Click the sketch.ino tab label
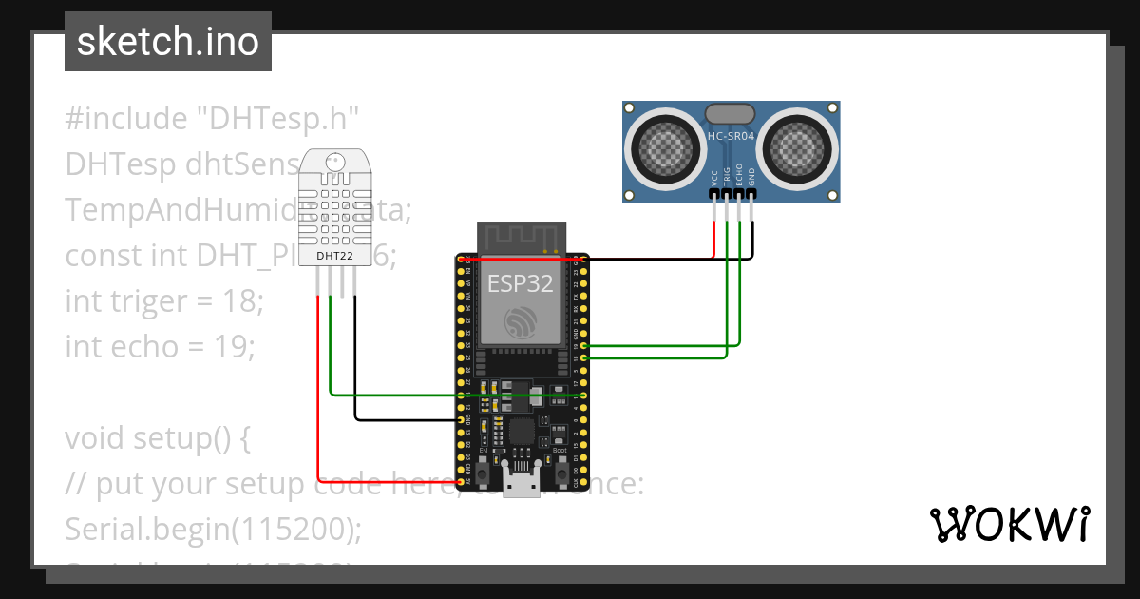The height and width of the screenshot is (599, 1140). point(167,42)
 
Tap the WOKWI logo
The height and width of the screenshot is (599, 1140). point(1008,524)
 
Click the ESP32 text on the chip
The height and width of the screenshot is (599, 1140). point(520,283)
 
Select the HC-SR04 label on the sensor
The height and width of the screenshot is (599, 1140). point(731,136)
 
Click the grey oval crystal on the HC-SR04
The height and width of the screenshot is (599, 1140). point(731,113)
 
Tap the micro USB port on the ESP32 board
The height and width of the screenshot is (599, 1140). point(521,484)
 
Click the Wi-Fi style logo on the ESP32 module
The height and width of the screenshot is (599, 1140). point(520,323)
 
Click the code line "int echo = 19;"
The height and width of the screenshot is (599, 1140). point(160,347)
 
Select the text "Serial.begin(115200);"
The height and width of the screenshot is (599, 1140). point(213,529)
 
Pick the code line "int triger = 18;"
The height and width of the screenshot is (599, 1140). point(163,301)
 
